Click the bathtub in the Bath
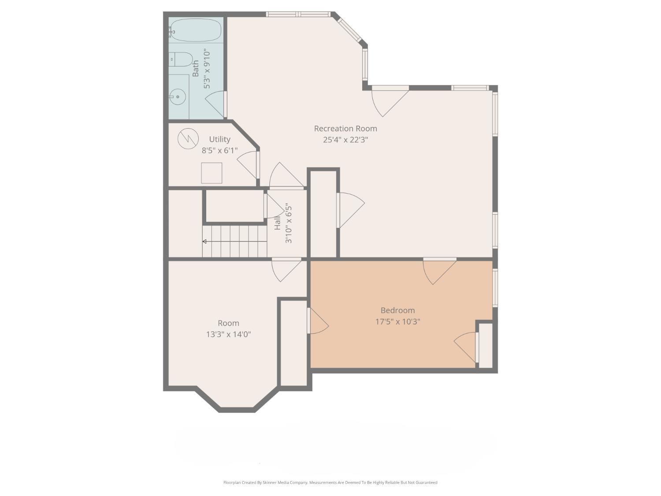click(195, 30)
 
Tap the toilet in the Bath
click(181, 59)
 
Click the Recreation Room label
click(345, 128)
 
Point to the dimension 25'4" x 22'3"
click(345, 140)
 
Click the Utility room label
click(219, 139)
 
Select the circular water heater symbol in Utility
click(188, 138)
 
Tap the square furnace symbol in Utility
click(212, 173)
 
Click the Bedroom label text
click(397, 310)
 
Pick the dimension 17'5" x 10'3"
click(397, 322)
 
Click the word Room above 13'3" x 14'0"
click(228, 323)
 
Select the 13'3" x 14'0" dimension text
click(228, 334)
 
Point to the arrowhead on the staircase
click(204, 241)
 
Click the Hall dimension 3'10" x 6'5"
click(289, 223)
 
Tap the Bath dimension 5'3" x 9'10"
click(207, 69)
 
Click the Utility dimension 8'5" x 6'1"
click(219, 150)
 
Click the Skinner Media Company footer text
click(330, 482)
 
